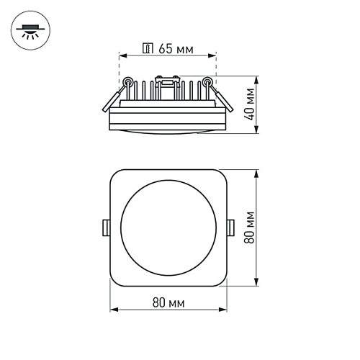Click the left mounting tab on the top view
pos(105,228)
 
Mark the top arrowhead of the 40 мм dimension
pos(258,77)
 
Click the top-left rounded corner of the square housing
pos(115,175)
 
